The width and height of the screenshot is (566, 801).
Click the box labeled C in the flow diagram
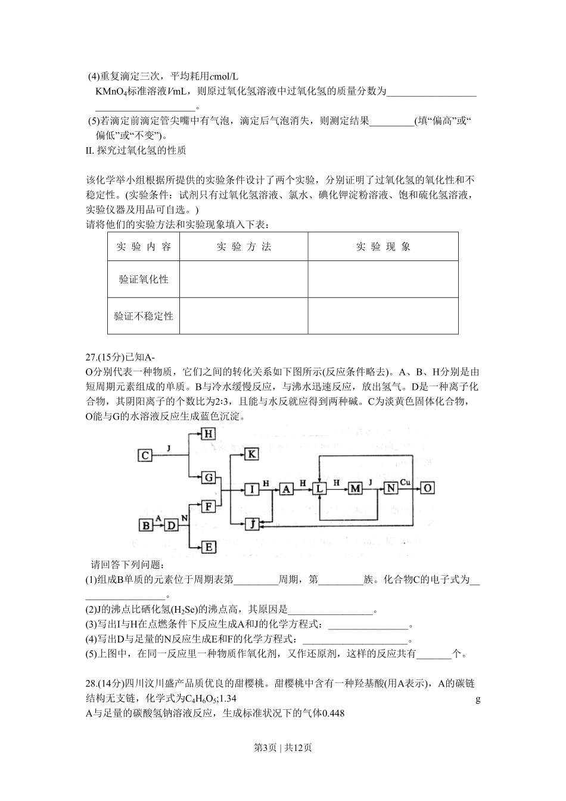[145, 456]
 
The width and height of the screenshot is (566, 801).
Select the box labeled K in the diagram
[252, 454]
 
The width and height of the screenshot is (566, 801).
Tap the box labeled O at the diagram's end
[427, 488]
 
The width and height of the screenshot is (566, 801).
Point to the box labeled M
[356, 489]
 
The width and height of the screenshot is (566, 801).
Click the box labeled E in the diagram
[209, 547]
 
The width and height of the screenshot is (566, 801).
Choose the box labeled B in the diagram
[145, 525]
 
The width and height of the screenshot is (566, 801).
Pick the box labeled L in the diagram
[320, 489]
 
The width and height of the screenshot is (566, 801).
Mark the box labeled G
[209, 477]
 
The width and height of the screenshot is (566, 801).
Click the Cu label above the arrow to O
[405, 482]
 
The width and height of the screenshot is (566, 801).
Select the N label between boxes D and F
[185, 519]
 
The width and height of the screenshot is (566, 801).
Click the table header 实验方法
[243, 247]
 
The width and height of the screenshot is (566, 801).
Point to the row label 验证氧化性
[144, 279]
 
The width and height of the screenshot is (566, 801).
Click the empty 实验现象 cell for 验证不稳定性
[383, 316]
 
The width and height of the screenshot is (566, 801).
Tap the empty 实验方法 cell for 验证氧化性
[243, 279]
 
